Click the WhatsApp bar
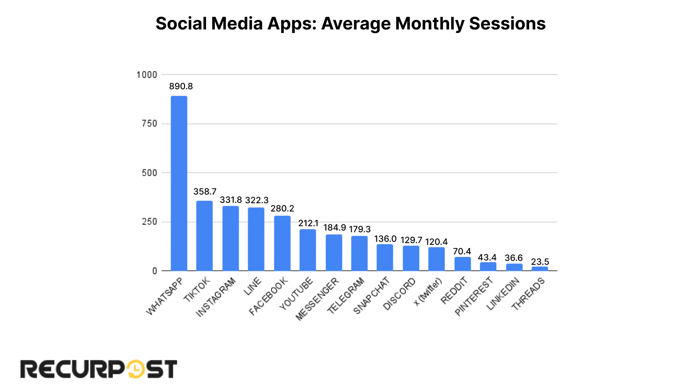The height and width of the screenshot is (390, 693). (x=179, y=184)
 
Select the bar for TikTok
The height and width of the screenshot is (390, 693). (x=204, y=236)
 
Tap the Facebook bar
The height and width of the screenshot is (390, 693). (x=282, y=244)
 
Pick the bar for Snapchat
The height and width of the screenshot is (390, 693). (x=385, y=258)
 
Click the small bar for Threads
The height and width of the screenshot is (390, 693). (x=540, y=269)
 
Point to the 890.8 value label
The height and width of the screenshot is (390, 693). (x=181, y=86)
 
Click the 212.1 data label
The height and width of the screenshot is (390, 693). (x=308, y=223)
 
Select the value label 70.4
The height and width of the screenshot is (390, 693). (x=462, y=251)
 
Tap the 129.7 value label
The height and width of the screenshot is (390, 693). (x=411, y=240)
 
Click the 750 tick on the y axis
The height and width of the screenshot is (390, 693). (x=149, y=124)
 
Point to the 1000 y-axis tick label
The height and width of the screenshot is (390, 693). (x=147, y=75)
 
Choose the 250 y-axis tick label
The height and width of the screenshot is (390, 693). (x=149, y=222)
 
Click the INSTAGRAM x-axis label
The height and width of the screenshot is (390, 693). (x=216, y=297)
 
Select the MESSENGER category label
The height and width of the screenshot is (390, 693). (x=317, y=299)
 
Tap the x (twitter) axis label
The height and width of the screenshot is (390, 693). (x=428, y=292)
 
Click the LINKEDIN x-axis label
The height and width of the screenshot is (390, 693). (x=503, y=294)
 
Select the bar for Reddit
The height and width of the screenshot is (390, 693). (x=463, y=264)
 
